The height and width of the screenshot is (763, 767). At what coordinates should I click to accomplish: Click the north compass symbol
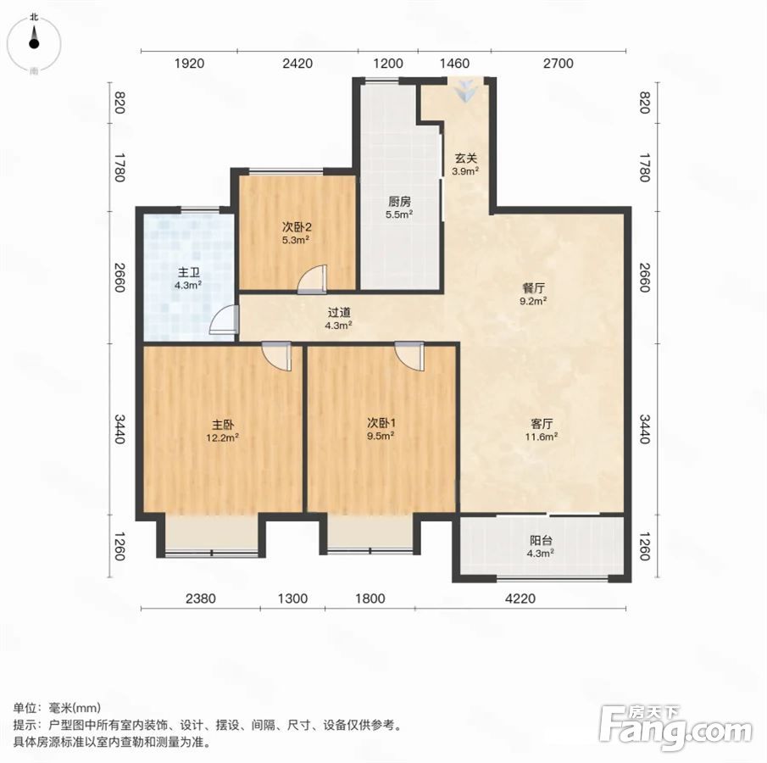(x=34, y=43)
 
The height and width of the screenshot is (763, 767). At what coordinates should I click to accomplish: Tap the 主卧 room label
(x=223, y=425)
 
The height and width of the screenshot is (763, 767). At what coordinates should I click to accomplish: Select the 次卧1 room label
(x=381, y=422)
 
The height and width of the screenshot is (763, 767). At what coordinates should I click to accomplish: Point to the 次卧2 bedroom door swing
(x=312, y=280)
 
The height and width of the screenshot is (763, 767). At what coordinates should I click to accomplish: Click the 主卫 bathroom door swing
(x=225, y=320)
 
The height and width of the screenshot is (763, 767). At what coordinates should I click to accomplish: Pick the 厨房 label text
(x=399, y=201)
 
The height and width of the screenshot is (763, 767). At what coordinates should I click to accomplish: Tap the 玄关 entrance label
(x=465, y=159)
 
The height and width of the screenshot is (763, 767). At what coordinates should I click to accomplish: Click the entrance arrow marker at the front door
(x=465, y=90)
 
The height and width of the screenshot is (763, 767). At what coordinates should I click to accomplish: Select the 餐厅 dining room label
(x=533, y=287)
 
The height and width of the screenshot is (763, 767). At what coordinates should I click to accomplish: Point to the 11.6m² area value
(x=542, y=437)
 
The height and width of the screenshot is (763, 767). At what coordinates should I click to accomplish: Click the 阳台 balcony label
(x=541, y=540)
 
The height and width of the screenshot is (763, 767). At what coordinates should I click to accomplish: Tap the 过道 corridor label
(x=339, y=312)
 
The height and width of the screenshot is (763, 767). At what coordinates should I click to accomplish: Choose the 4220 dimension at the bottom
(x=520, y=598)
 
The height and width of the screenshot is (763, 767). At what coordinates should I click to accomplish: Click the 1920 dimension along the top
(x=189, y=63)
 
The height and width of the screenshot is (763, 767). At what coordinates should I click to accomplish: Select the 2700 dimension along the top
(x=559, y=63)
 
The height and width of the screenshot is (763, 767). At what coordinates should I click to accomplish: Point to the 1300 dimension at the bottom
(x=292, y=598)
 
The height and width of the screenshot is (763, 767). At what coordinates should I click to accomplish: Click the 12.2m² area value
(x=223, y=437)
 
